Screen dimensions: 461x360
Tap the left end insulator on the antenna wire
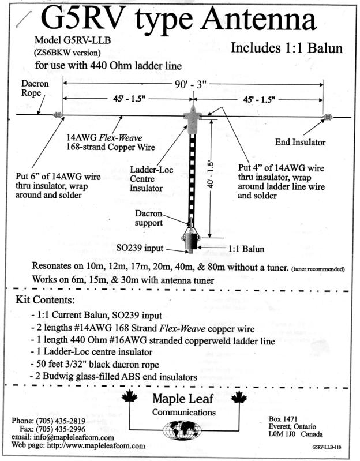tap(58, 115)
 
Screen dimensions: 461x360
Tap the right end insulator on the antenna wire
tap(327, 117)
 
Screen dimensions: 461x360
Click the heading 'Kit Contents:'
tap(45, 301)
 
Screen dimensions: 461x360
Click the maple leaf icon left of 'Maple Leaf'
tap(130, 398)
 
